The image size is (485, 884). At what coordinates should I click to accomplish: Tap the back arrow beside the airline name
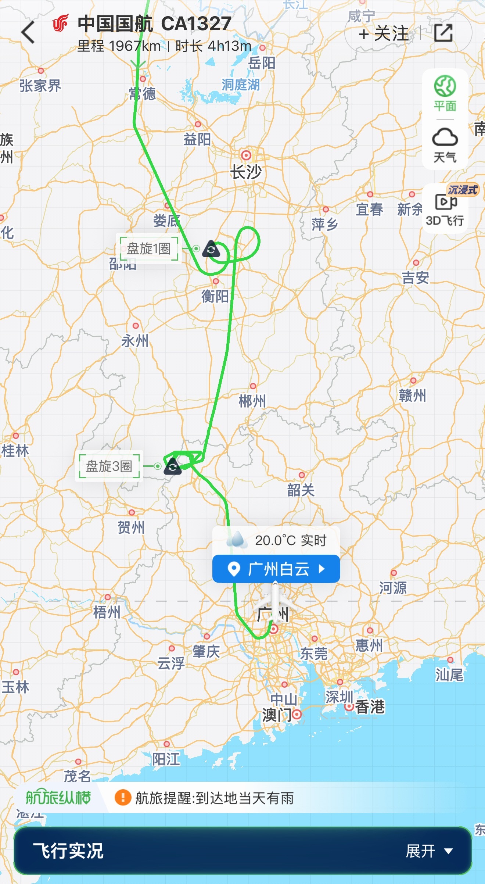coord(28,32)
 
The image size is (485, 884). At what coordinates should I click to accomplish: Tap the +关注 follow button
coord(384,33)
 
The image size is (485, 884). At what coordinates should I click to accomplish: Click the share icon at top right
coord(443,33)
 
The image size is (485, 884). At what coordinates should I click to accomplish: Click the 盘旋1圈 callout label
coord(149,249)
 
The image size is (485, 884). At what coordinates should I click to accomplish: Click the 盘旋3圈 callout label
coord(109,466)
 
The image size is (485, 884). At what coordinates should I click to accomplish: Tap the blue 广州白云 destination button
coord(276,569)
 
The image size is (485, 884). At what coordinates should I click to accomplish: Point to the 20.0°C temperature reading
coord(290,540)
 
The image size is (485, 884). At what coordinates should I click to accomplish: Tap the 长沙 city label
coord(246,172)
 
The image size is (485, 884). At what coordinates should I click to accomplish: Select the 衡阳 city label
coord(215,296)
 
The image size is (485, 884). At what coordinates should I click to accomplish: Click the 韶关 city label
coord(301,490)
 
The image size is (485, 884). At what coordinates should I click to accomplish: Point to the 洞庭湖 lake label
coord(241,85)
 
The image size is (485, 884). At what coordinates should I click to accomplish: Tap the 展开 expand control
coord(428,851)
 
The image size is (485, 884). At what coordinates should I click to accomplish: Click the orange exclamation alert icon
coord(123,798)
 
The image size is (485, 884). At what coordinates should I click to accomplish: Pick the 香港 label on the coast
coord(370,706)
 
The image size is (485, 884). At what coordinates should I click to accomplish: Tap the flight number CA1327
coord(196,24)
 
